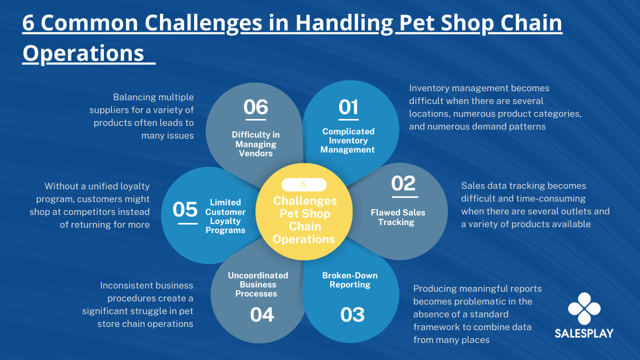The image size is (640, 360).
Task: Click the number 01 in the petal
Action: [x=348, y=107]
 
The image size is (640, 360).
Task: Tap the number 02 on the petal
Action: [x=403, y=183]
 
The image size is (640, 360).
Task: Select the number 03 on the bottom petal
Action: [x=353, y=315]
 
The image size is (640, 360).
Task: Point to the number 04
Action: [x=262, y=315]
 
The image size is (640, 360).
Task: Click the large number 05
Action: [x=185, y=210]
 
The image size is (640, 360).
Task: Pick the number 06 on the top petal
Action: [x=255, y=107]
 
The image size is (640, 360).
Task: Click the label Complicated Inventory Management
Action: [x=348, y=141]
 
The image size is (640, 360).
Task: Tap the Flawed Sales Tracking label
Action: [x=398, y=218]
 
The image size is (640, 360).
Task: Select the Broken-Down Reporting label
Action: [x=350, y=280]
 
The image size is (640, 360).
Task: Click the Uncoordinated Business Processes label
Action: [x=258, y=285]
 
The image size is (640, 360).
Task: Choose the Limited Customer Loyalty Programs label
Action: [x=225, y=217]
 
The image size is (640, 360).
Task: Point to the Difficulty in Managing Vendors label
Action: [x=255, y=144]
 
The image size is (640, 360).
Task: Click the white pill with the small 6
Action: [x=303, y=185]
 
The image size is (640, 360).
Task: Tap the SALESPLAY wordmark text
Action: [x=584, y=333]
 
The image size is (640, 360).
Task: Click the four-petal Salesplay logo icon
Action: [x=585, y=309]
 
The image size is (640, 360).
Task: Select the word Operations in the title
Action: [x=83, y=54]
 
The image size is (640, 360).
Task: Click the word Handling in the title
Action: [x=344, y=23]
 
